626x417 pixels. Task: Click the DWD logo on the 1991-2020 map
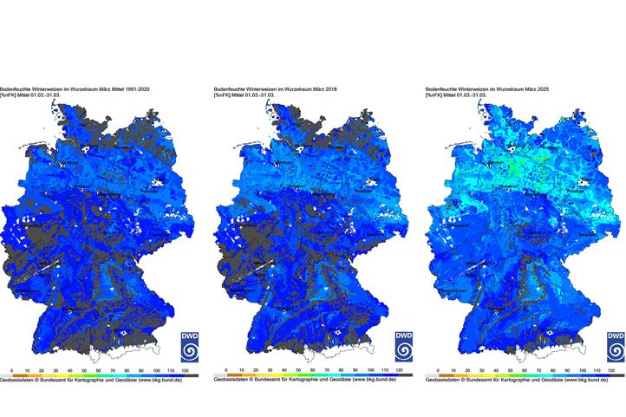[x=190, y=346]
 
